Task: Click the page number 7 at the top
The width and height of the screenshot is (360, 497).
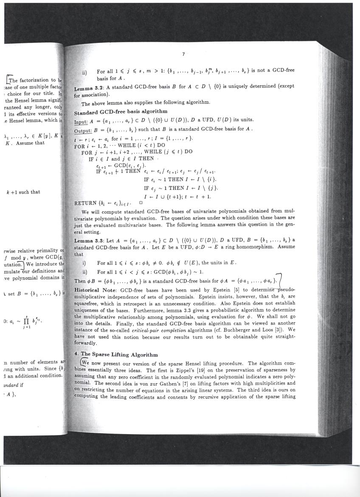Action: click(x=183, y=54)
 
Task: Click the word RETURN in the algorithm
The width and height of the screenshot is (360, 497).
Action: click(x=85, y=203)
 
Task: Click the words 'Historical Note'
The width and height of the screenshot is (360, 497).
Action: click(x=95, y=289)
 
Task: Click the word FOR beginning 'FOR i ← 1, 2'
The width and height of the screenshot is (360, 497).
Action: click(x=79, y=145)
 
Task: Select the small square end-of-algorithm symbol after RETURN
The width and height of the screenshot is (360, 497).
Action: click(x=141, y=203)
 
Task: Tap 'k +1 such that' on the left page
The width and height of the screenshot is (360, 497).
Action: click(x=23, y=192)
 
